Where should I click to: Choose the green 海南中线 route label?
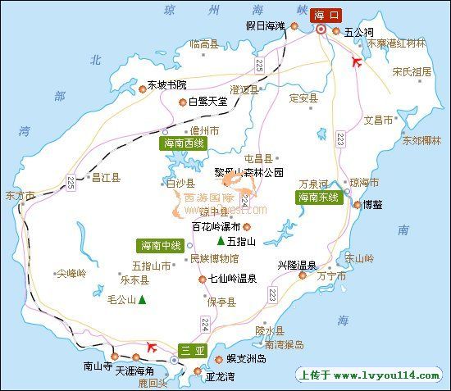(160, 245)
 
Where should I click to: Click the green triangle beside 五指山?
(221, 241)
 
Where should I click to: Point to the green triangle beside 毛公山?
(142, 300)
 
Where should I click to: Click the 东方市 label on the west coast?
(20, 196)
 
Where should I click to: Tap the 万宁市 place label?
(331, 277)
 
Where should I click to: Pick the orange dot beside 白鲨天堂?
(182, 102)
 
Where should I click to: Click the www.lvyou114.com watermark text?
(386, 375)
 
